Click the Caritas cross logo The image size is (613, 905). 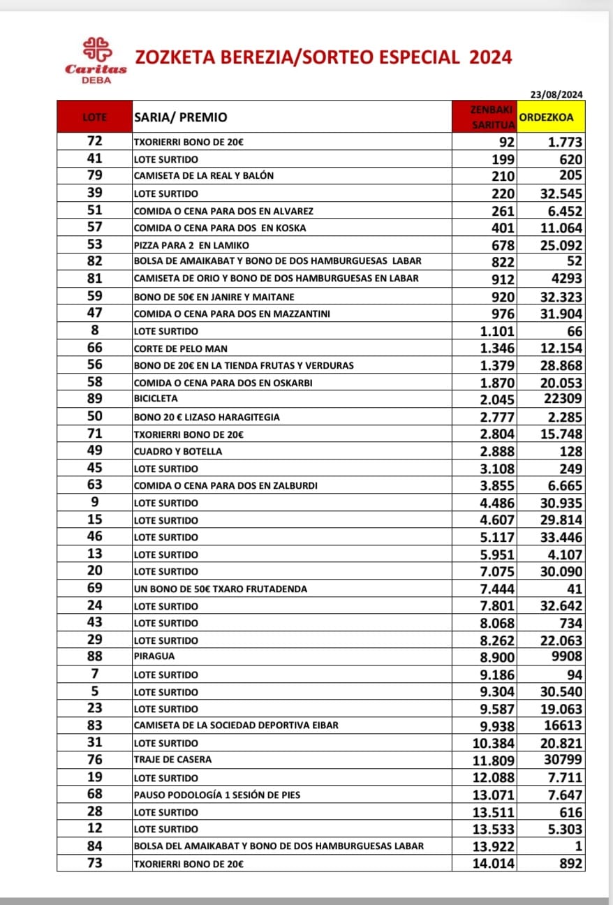coord(96,50)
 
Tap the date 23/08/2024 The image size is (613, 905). coord(556,95)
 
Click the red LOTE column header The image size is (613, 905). coord(94,117)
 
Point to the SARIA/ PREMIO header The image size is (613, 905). coord(180,117)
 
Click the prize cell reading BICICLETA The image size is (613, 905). coord(156,399)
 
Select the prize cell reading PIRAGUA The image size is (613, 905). coord(154,657)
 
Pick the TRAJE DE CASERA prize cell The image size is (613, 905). coord(172,760)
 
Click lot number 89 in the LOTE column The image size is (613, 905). coord(94,399)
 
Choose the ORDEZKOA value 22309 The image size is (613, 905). coord(563,399)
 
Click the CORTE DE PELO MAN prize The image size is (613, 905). coord(180,348)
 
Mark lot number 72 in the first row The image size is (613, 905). coord(94,141)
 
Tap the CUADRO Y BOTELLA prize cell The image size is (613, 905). coord(177,451)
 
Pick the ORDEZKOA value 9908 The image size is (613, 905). coord(566,657)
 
